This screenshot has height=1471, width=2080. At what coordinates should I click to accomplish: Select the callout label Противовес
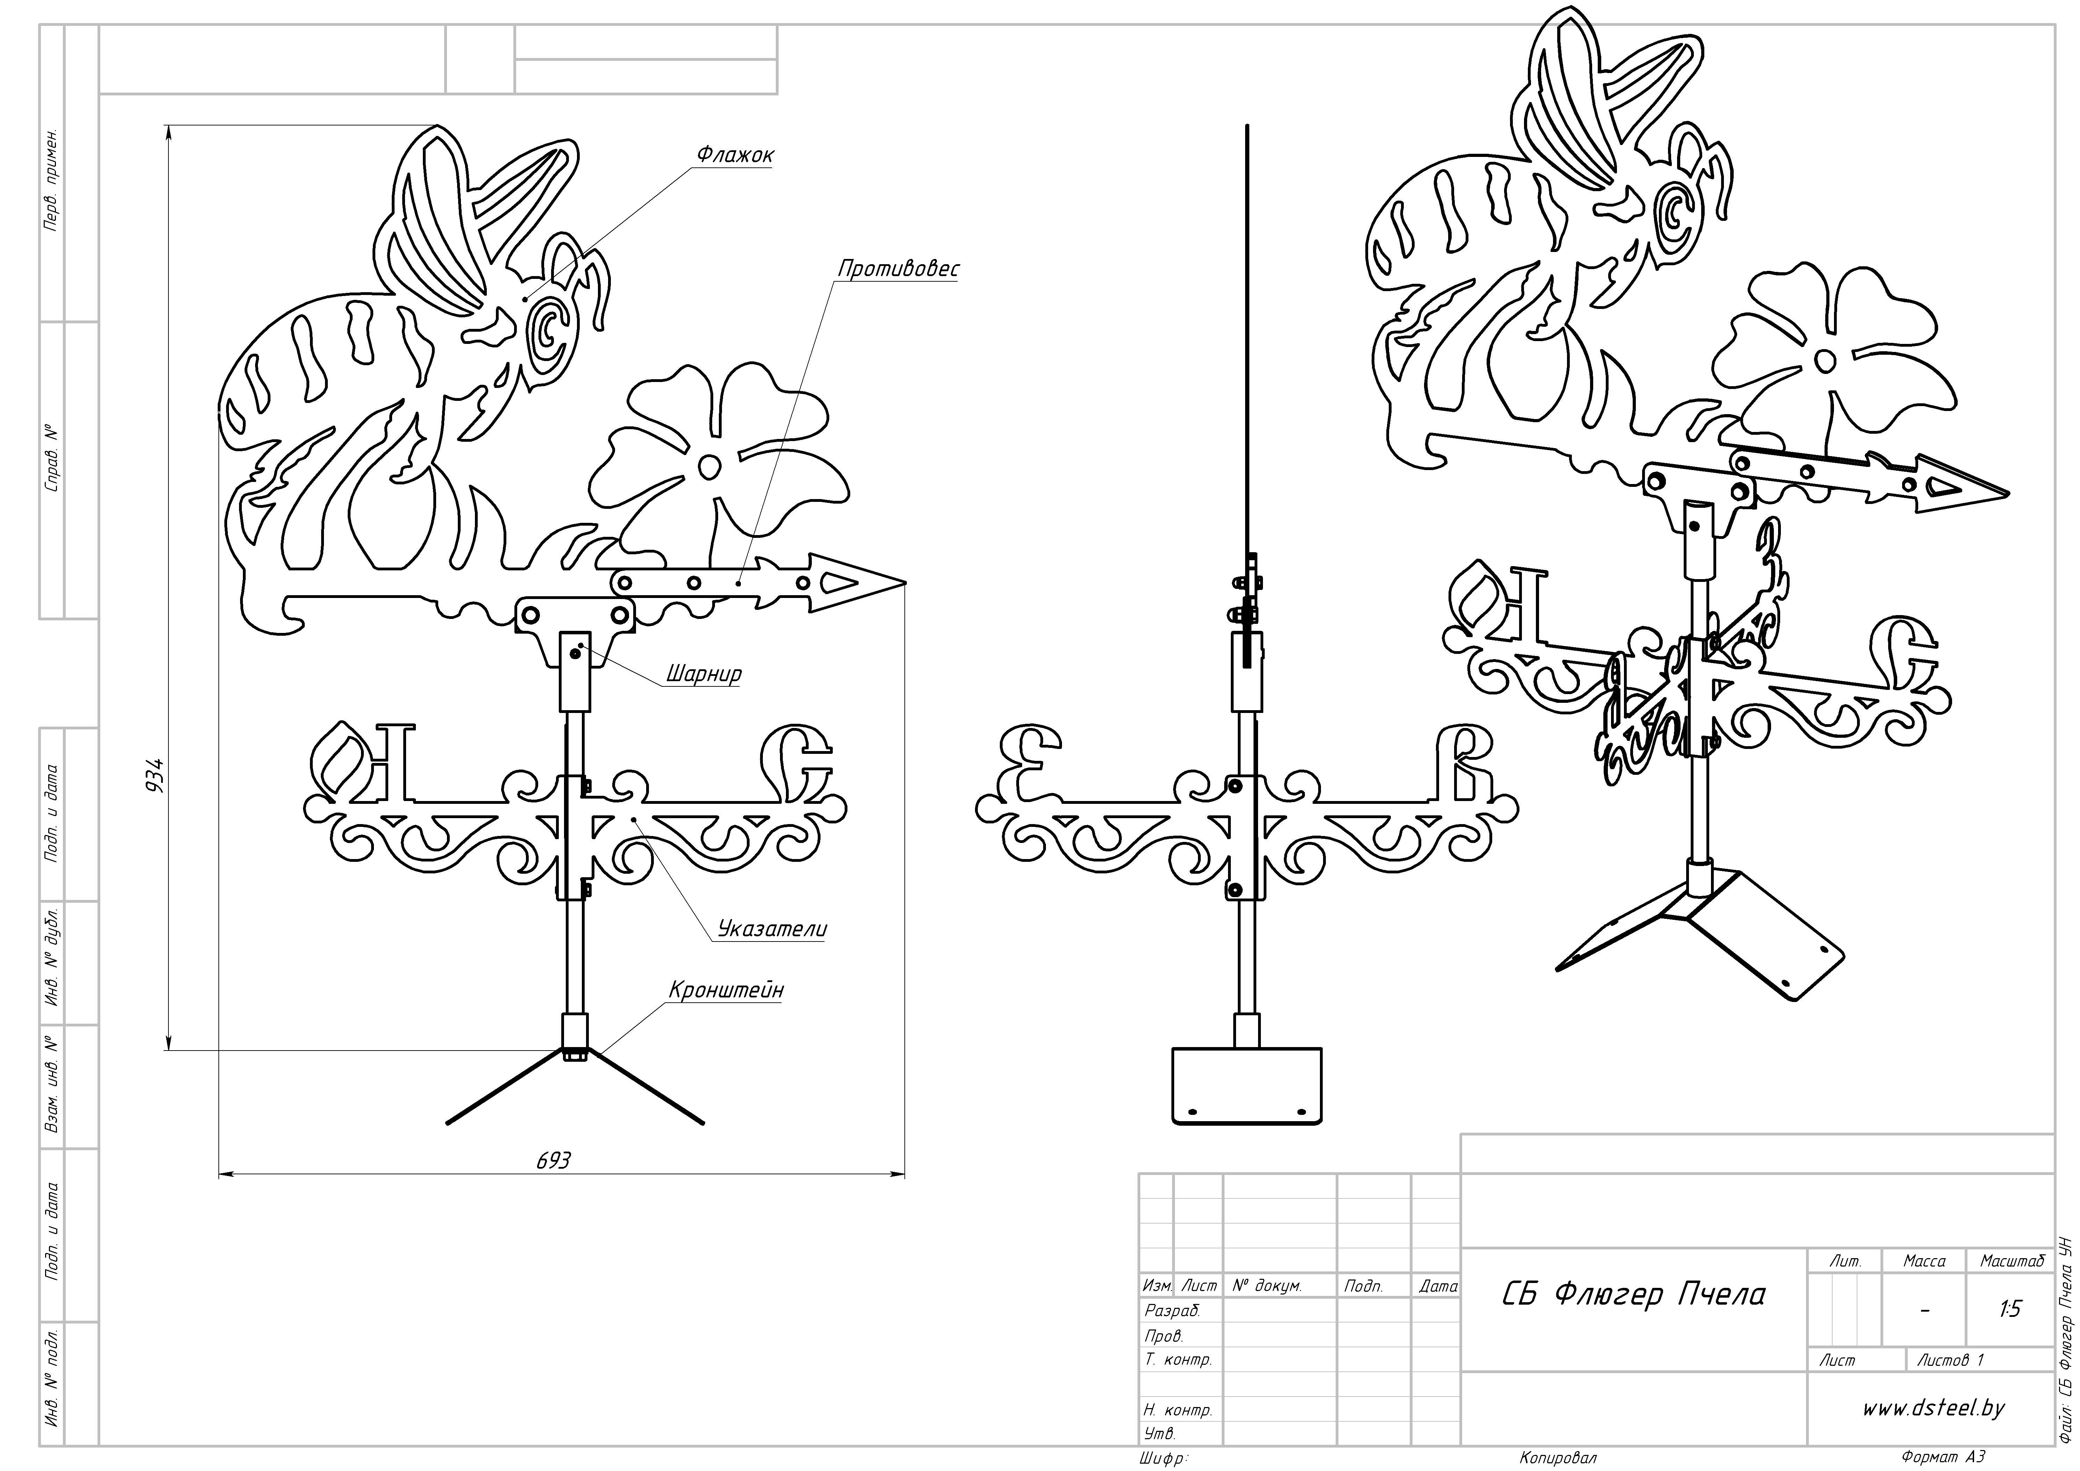(x=898, y=269)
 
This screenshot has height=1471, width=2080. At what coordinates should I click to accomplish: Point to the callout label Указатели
(x=772, y=929)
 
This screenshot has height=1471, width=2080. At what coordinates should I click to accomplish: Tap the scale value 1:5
(x=2009, y=1309)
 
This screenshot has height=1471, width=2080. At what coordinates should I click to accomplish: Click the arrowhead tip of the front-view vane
(x=905, y=583)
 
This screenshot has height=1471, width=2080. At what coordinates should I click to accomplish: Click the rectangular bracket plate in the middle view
(x=1247, y=1086)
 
